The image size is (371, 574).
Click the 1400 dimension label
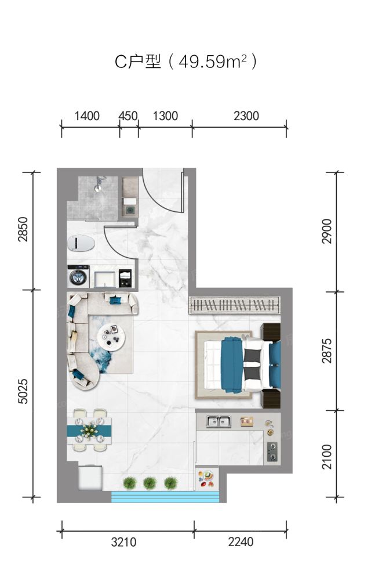pyautogui.click(x=87, y=116)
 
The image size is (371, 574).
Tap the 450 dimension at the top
pyautogui.click(x=128, y=116)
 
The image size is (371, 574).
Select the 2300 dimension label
pyautogui.click(x=246, y=116)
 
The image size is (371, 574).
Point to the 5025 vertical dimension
pyautogui.click(x=23, y=391)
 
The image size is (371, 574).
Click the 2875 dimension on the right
pyautogui.click(x=327, y=351)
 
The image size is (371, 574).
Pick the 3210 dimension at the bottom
pyautogui.click(x=123, y=542)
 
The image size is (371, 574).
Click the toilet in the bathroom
pyautogui.click(x=81, y=243)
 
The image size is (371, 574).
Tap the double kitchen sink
pyautogui.click(x=218, y=422)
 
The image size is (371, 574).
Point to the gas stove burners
pyautogui.click(x=272, y=452)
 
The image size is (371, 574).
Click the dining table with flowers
pyautogui.click(x=89, y=431)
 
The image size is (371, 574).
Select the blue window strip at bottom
pyautogui.click(x=165, y=497)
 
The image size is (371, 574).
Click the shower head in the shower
pyautogui.click(x=99, y=184)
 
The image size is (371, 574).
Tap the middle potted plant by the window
pyautogui.click(x=150, y=483)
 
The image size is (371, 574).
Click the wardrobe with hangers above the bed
pyautogui.click(x=234, y=305)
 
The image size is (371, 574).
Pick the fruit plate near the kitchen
pyautogui.click(x=206, y=479)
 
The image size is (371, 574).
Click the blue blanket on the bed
pyautogui.click(x=232, y=365)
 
